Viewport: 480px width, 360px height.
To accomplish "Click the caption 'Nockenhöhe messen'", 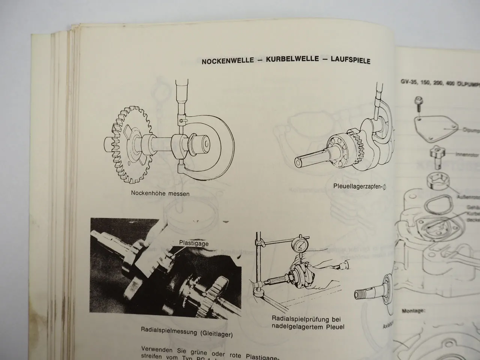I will pos(160,194).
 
